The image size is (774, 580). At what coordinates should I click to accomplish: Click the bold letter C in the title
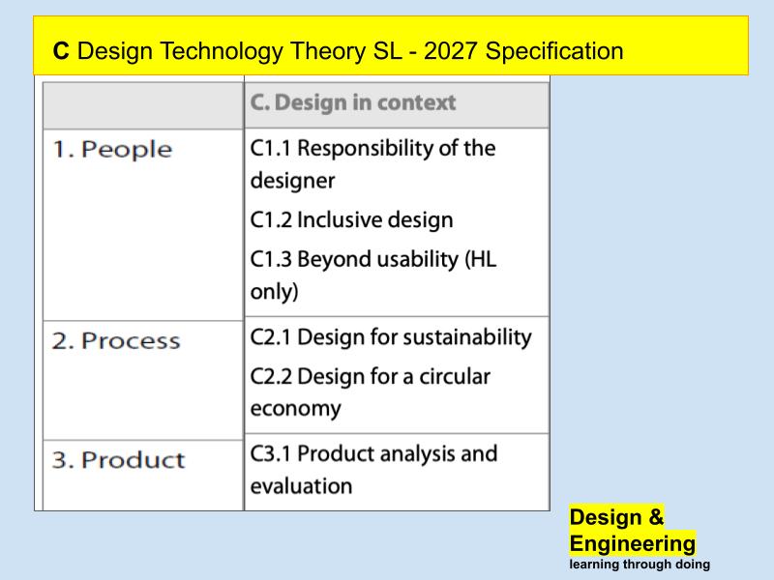click(x=61, y=51)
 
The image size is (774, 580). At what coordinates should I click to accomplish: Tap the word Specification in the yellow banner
click(x=554, y=51)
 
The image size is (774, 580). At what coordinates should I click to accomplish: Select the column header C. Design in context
click(x=352, y=102)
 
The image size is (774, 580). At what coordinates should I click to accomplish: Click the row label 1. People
click(x=112, y=150)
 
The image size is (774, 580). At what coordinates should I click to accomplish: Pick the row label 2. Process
click(x=116, y=341)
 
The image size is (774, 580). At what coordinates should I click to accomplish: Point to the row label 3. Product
click(x=118, y=460)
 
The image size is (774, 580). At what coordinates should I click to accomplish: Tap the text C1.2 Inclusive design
click(x=351, y=219)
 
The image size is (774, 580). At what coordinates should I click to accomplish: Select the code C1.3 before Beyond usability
click(x=271, y=259)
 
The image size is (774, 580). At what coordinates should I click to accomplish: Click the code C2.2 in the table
click(x=271, y=375)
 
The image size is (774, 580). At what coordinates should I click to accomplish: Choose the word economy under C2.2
click(x=295, y=408)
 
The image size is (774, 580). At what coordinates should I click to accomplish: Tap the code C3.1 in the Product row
click(x=271, y=453)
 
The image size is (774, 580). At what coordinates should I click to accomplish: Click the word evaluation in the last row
click(x=301, y=485)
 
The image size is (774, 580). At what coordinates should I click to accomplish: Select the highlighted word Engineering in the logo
click(x=633, y=543)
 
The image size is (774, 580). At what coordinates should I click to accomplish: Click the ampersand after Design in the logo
click(x=656, y=517)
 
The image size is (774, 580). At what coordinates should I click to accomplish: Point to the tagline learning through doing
click(x=640, y=565)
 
